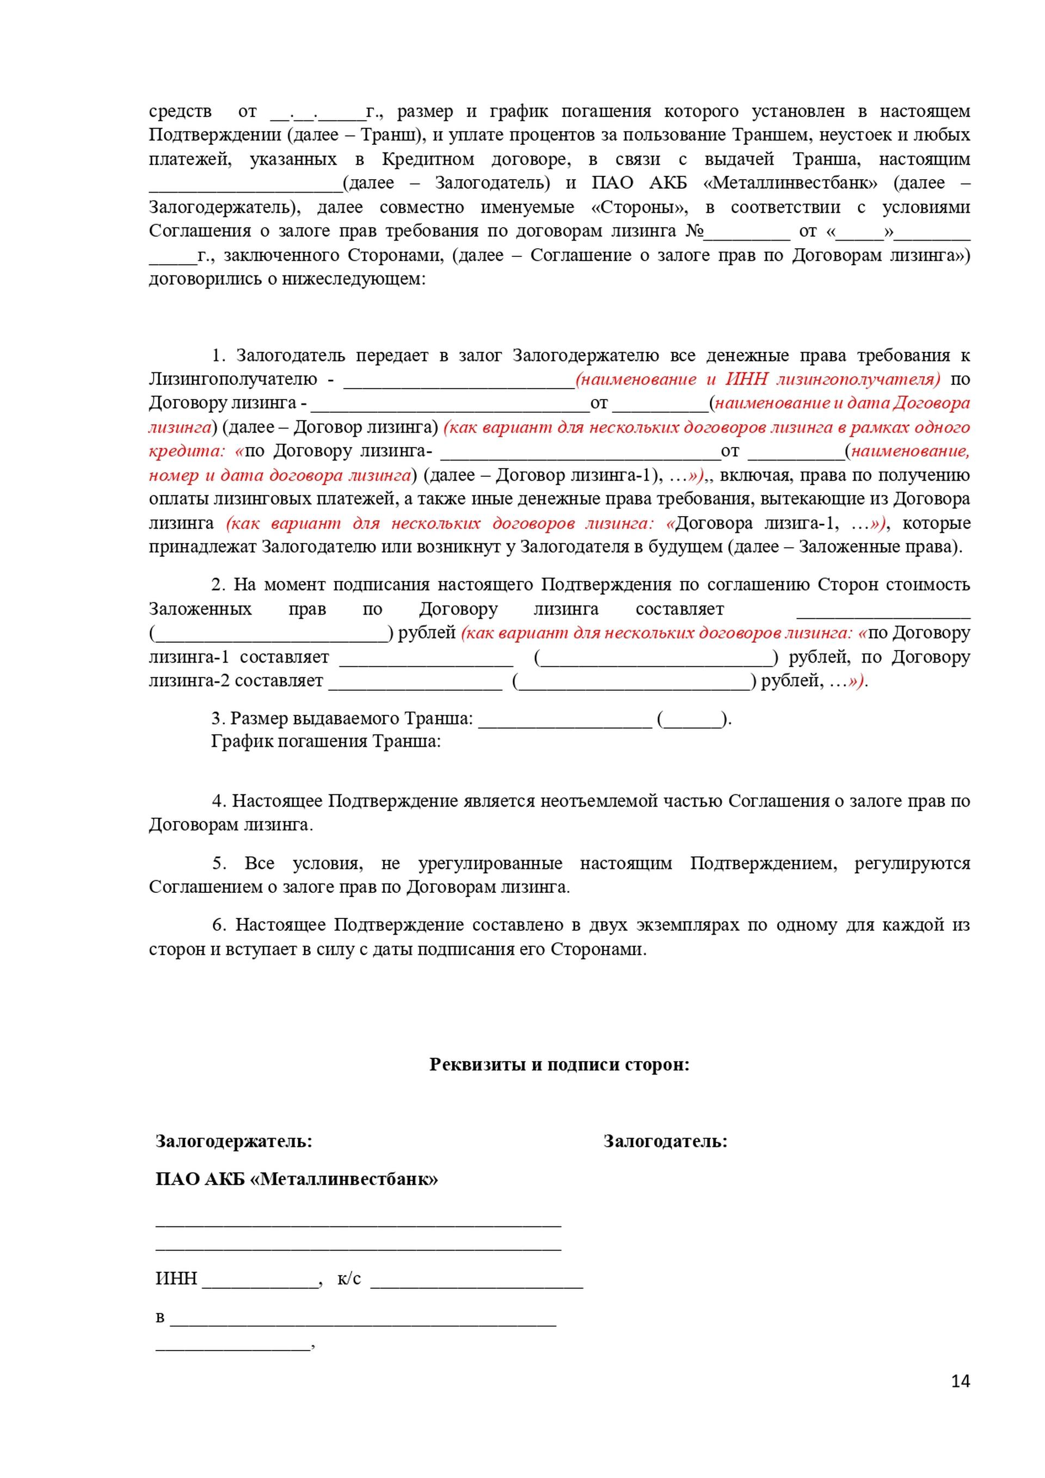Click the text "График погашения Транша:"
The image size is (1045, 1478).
coord(325,741)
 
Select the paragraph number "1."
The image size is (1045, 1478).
coord(219,355)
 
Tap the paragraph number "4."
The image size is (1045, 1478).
coord(219,801)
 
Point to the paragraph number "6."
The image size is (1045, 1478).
coord(219,925)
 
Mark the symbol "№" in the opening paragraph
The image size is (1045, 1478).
coord(693,231)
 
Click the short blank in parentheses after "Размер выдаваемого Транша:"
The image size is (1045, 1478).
coord(692,719)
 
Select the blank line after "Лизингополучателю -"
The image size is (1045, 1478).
coord(458,381)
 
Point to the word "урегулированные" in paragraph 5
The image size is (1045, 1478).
coord(490,863)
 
